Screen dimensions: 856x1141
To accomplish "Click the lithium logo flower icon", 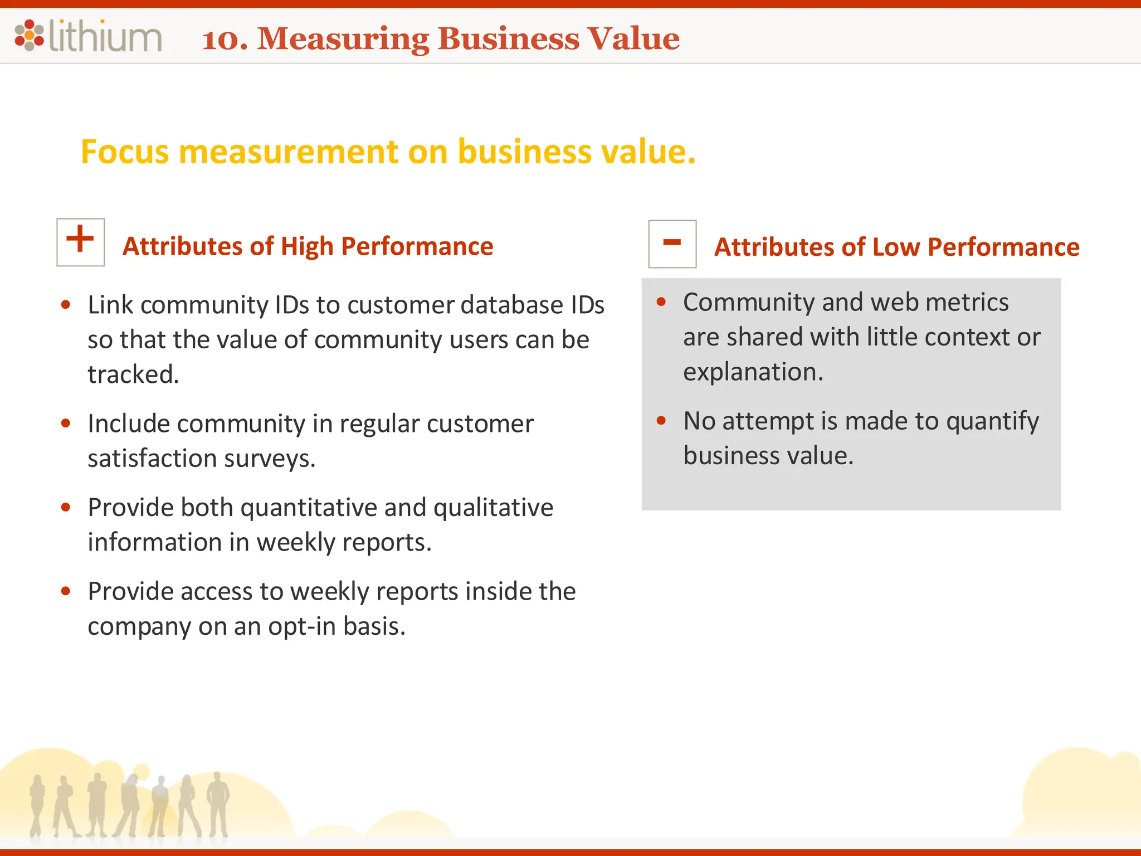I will tap(29, 36).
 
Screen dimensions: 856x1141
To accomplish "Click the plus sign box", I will tap(81, 242).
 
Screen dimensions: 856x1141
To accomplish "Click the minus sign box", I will tap(672, 244).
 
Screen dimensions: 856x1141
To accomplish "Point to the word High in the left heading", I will tap(306, 246).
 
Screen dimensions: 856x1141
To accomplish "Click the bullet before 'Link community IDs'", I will tap(66, 304).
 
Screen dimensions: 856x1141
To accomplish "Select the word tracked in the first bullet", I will tap(133, 374).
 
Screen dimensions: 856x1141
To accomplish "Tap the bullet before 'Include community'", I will tap(66, 424).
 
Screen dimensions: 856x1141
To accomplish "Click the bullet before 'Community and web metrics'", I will tap(661, 302).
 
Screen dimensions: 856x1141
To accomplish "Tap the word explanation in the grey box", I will tap(753, 372).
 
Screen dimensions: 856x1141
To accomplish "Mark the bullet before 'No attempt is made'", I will tap(661, 421).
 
